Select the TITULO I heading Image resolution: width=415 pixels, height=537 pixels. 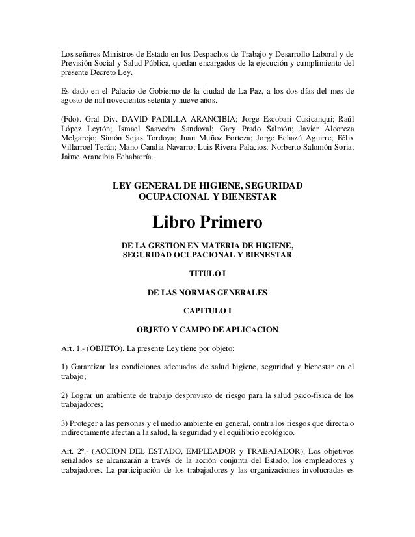point(207,272)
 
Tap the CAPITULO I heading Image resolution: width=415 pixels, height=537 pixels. point(207,310)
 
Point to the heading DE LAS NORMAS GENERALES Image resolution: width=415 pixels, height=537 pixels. point(207,291)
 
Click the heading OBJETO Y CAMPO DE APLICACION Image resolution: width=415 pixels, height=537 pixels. point(207,329)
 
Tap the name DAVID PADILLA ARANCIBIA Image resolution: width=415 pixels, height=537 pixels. point(187,120)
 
